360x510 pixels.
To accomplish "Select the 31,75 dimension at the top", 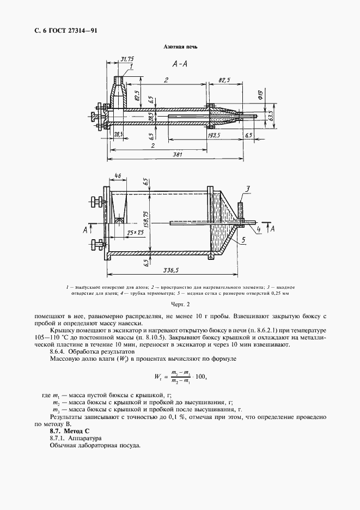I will tap(127, 59).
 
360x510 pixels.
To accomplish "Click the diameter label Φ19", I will tap(261, 99).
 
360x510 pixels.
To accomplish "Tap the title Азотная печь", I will tap(180, 47).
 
